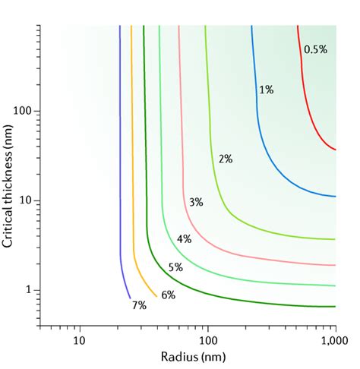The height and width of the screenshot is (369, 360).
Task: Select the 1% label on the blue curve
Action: [x=267, y=90]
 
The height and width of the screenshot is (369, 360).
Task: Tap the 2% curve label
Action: [x=226, y=159]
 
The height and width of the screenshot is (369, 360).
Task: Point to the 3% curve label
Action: [x=196, y=202]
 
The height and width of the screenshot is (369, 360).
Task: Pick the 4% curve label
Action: [x=184, y=238]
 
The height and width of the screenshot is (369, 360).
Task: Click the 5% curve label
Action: [x=175, y=267]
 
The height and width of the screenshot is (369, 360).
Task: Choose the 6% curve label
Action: [x=168, y=295]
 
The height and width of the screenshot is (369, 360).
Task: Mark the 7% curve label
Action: [x=139, y=305]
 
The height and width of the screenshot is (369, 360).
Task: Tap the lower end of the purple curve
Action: [x=130, y=298]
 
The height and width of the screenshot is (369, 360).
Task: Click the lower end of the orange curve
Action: [x=157, y=296]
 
